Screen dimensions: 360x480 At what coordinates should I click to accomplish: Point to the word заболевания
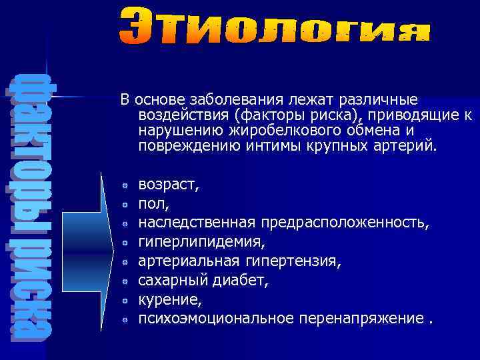232,100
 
